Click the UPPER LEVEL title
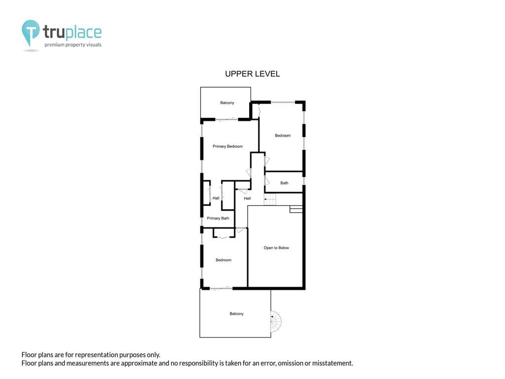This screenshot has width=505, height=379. pos(252,74)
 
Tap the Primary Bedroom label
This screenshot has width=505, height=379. pos(228,146)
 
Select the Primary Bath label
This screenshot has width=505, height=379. pos(218,218)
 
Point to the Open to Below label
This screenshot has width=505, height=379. pos(276,248)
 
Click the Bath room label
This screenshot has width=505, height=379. pos(284,183)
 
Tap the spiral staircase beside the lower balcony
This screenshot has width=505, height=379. pos(276,321)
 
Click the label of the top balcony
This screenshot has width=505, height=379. pos(227,103)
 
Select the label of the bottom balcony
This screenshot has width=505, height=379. pos(236,313)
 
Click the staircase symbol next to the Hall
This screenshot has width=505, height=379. pos(270,199)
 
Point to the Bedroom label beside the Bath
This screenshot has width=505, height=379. pos(283,135)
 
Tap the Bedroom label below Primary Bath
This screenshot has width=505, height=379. pos(223,260)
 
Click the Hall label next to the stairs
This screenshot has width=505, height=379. pos(248,198)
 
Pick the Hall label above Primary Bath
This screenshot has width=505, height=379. pos(216,198)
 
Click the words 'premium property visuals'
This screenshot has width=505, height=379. pos(73,45)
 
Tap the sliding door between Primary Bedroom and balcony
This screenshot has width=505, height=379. pos(227,119)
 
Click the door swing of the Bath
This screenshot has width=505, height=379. pos(267,181)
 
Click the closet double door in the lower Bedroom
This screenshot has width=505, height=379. pos(224,237)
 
